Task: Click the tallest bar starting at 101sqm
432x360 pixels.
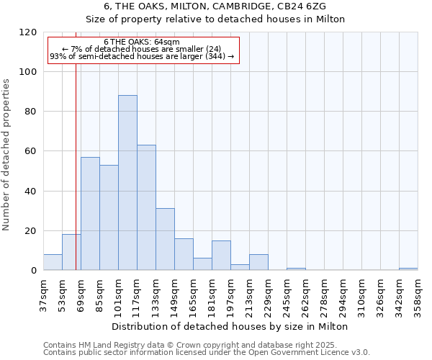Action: (x=127, y=183)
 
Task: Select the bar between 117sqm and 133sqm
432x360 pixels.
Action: (x=146, y=207)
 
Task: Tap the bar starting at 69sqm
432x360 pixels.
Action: (x=90, y=214)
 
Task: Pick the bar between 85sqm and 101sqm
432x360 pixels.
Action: (x=109, y=217)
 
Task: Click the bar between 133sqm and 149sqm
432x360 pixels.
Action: (x=165, y=239)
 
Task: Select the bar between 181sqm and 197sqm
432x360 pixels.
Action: (x=221, y=256)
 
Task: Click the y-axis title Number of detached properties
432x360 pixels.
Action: (x=6, y=155)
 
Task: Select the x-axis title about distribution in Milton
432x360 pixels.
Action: (x=230, y=326)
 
